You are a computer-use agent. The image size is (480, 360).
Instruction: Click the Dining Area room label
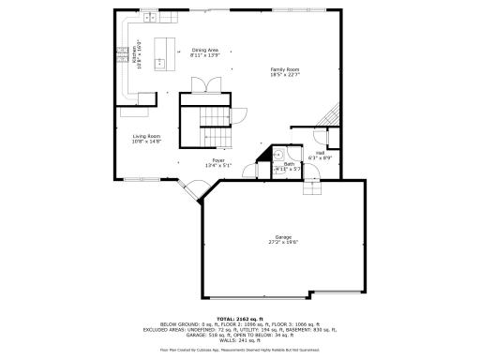tap(204, 50)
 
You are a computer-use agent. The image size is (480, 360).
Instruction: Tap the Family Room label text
tap(285, 70)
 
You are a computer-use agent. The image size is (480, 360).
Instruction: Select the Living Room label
tap(146, 136)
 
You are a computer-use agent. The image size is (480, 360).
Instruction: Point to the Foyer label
tap(217, 160)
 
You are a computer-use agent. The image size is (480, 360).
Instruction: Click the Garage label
tap(283, 236)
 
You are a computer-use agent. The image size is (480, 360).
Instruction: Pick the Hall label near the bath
tap(320, 152)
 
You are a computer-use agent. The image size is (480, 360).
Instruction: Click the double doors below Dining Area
tap(204, 84)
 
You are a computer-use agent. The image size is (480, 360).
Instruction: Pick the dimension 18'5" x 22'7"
tap(285, 76)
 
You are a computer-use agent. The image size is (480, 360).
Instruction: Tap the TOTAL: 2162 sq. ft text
tap(241, 320)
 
